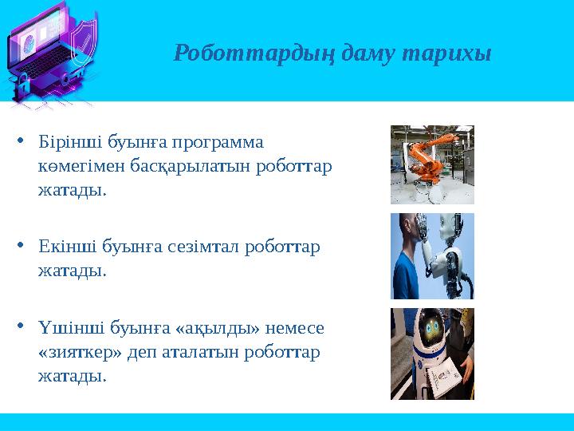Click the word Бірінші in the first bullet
pyautogui.click(x=67, y=142)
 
